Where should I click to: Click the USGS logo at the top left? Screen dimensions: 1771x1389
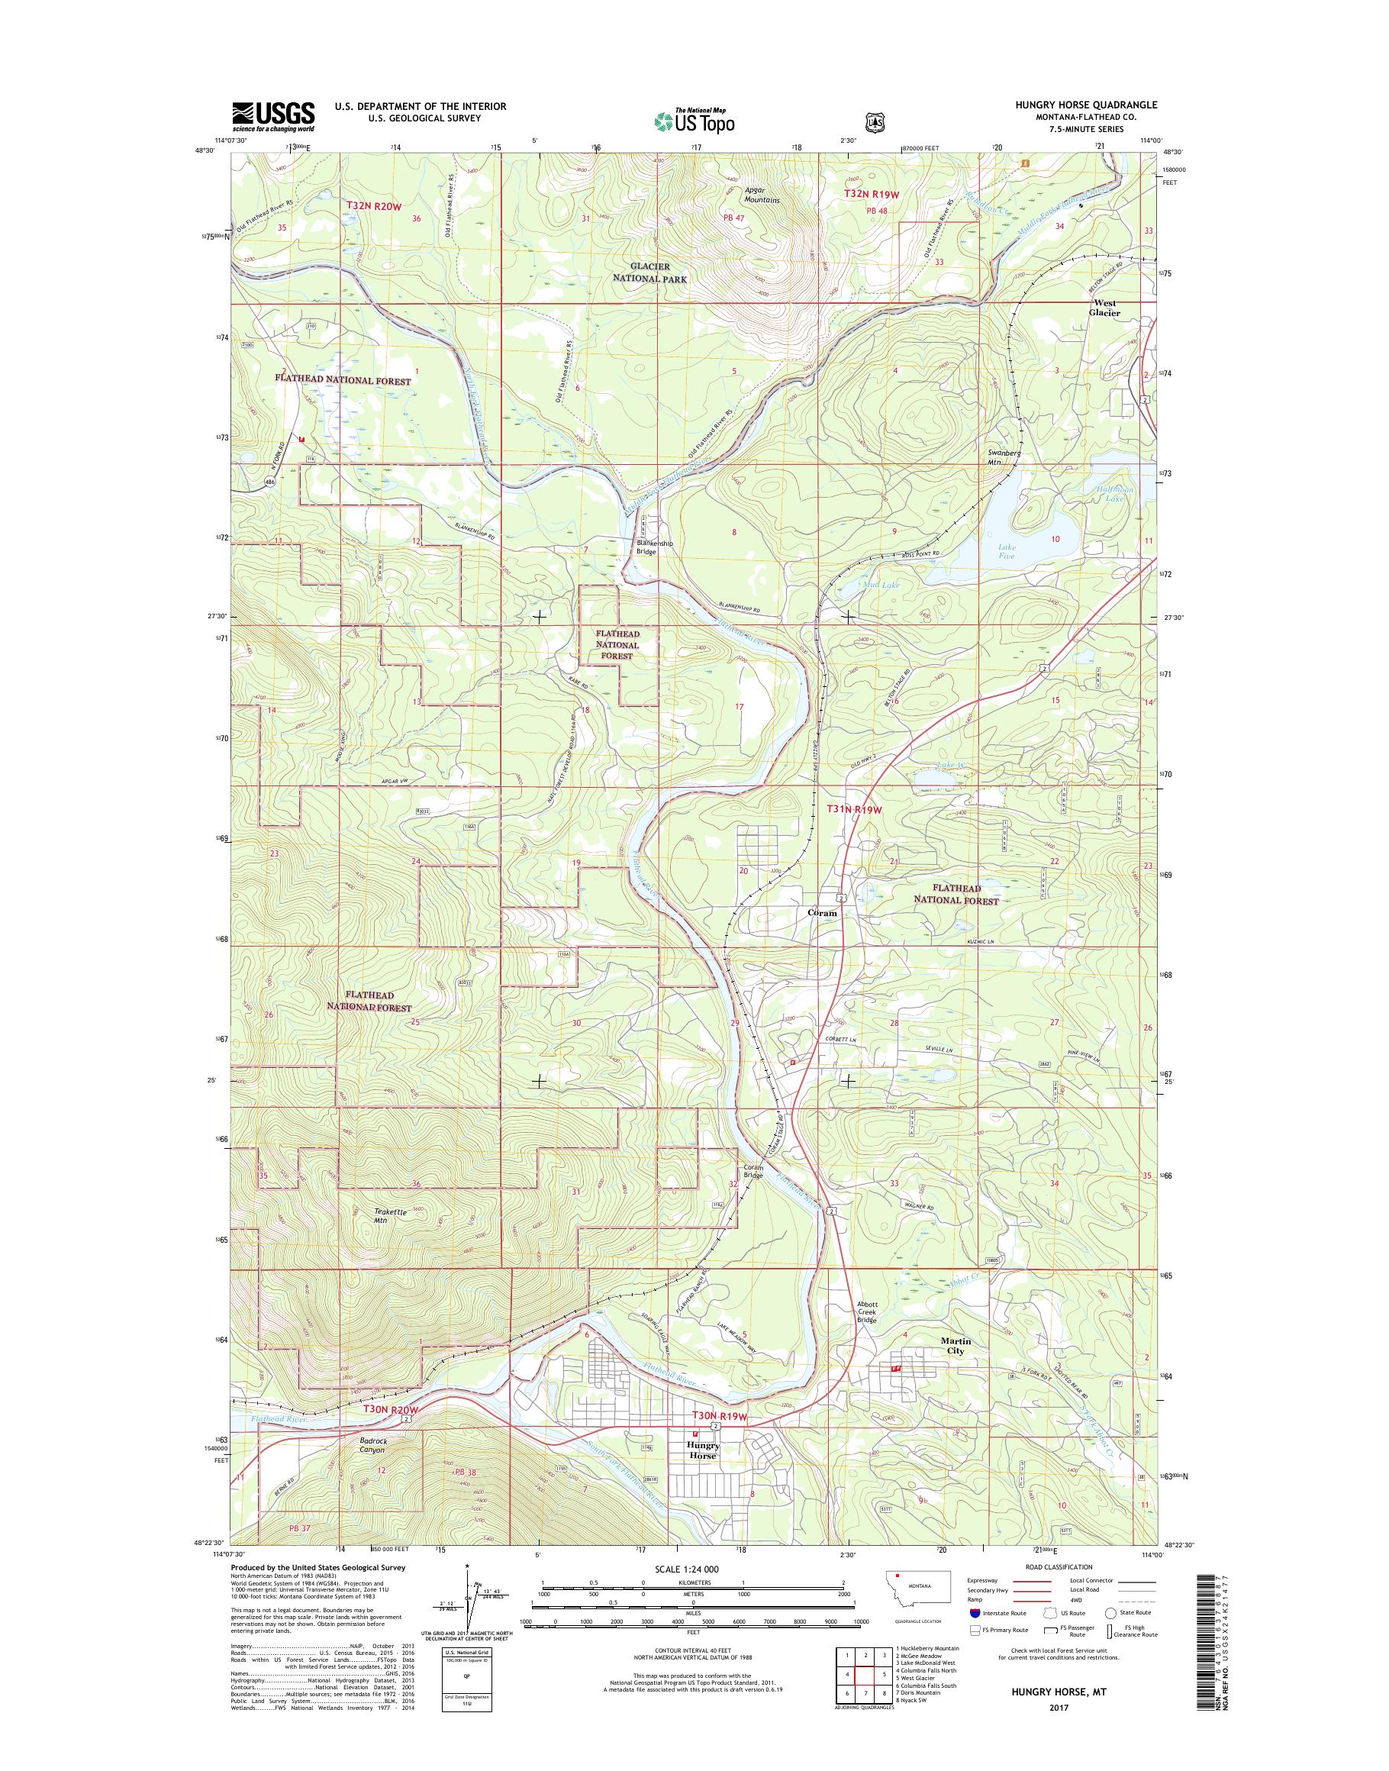point(273,116)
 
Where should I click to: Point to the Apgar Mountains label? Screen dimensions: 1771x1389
point(762,195)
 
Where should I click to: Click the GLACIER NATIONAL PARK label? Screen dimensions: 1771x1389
point(658,273)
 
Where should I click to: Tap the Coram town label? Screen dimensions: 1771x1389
point(821,913)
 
